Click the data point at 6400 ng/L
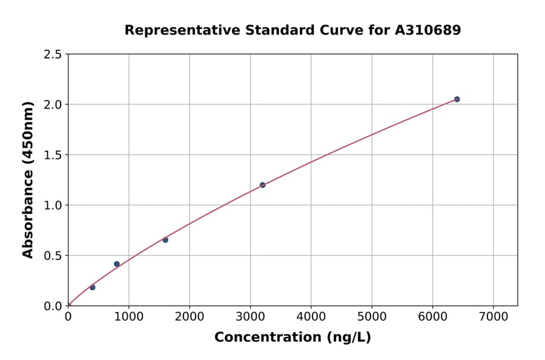click(x=457, y=99)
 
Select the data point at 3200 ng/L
click(x=262, y=185)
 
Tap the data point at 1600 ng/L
click(x=165, y=240)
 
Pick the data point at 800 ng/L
click(x=117, y=264)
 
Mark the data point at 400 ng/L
click(x=92, y=287)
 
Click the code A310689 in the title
click(x=429, y=30)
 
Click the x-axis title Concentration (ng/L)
click(x=292, y=338)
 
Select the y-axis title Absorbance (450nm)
click(x=28, y=180)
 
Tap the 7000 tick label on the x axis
click(x=493, y=317)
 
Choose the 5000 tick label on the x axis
click(x=372, y=317)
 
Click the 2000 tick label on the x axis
click(x=190, y=317)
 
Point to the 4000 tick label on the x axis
click(x=311, y=317)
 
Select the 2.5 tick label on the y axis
click(x=53, y=55)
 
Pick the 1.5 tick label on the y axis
click(x=53, y=155)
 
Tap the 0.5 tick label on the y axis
click(x=53, y=256)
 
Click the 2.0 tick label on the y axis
click(x=53, y=105)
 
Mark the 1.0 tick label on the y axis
click(x=53, y=205)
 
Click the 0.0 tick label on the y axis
click(x=53, y=306)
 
